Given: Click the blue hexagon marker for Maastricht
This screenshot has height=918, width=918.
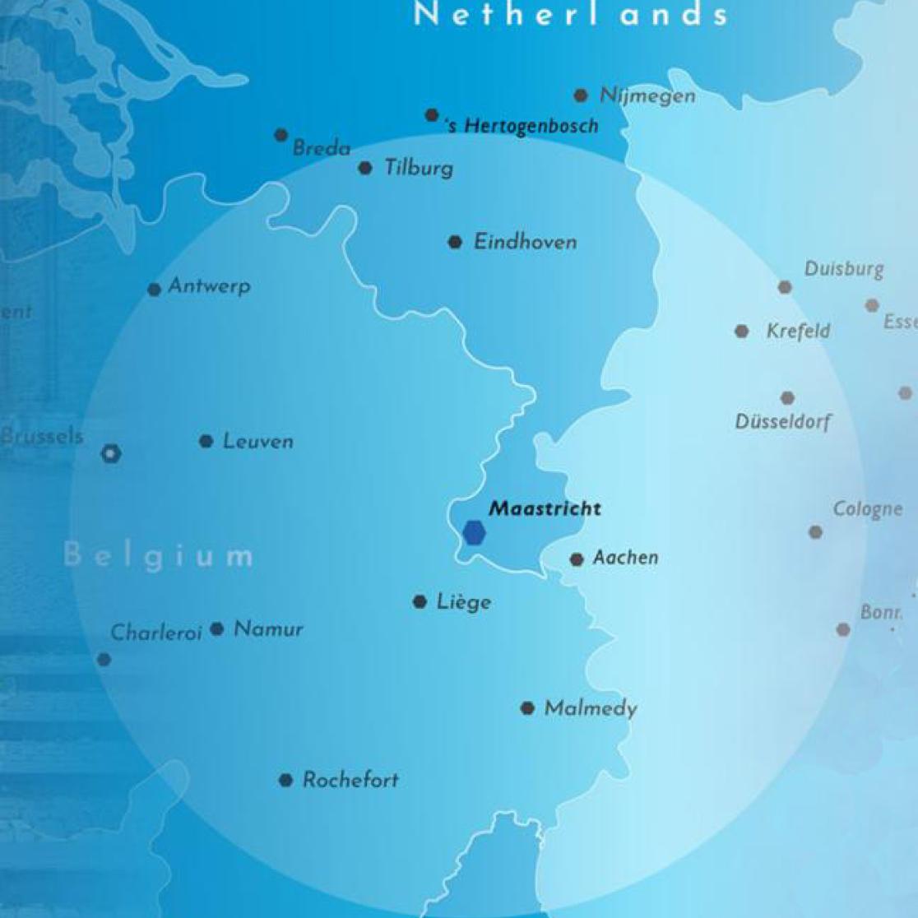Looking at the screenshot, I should [x=474, y=533].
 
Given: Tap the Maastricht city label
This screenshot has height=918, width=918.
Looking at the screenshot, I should [x=545, y=508].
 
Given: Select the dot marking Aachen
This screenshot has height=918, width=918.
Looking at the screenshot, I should [x=577, y=559].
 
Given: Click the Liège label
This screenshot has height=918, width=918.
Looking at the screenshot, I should [x=464, y=602].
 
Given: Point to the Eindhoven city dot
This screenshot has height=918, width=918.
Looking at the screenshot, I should [x=455, y=242].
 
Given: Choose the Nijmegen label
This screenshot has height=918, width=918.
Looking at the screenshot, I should [x=647, y=95].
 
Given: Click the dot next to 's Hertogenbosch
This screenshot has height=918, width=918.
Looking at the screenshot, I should [x=432, y=115].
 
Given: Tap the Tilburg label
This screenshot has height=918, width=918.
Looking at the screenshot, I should [x=419, y=169].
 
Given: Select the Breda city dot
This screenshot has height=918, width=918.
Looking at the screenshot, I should [x=281, y=135].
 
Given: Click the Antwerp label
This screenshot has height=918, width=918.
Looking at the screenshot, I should [x=209, y=286].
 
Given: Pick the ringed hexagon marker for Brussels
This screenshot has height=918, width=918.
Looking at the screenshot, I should [x=111, y=453].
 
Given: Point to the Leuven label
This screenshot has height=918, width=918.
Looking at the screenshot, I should [x=257, y=442].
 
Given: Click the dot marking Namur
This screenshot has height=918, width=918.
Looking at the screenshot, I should [x=217, y=629].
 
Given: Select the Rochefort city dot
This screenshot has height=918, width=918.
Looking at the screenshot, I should [x=285, y=780].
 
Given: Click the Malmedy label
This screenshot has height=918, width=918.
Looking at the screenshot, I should [x=591, y=708].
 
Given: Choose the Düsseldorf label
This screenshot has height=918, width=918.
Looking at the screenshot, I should [x=783, y=422].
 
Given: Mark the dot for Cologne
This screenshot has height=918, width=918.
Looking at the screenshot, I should [x=815, y=532].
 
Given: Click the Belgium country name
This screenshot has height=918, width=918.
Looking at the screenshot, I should [x=158, y=556].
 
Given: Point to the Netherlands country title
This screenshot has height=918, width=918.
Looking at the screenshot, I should [x=571, y=14].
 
